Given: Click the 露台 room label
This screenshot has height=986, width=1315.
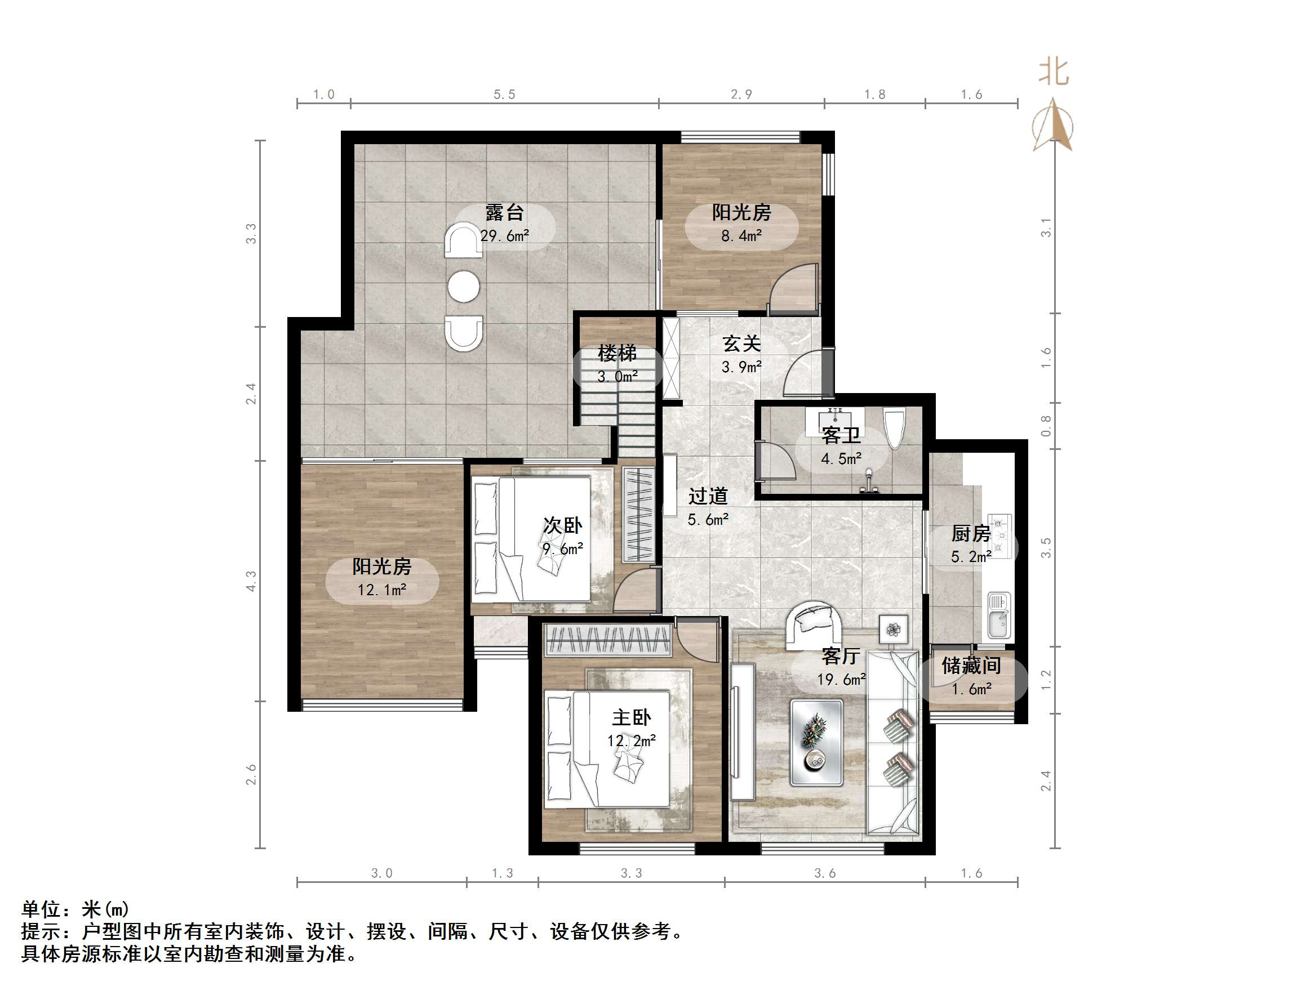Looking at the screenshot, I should (x=504, y=212).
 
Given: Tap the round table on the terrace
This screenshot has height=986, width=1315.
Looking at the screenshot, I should (x=464, y=287).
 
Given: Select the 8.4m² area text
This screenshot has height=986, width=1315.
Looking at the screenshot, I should (x=741, y=236).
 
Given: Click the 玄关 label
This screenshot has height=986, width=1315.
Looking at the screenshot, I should (x=741, y=343).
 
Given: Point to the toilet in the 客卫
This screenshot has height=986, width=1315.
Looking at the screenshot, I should (x=894, y=427).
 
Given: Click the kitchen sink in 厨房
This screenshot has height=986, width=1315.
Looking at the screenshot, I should (x=998, y=615).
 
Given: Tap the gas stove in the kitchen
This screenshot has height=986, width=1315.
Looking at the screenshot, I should (x=999, y=536).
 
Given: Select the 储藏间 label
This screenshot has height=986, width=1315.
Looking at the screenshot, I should (x=971, y=665).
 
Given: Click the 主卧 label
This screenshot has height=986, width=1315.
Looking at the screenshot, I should (x=632, y=717).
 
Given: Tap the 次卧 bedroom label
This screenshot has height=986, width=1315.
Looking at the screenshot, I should (x=562, y=525).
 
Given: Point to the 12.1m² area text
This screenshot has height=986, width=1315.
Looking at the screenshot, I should (x=381, y=590).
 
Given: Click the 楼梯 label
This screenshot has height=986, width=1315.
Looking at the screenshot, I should (x=617, y=353).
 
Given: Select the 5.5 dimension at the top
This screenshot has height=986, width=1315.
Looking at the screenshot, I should (x=504, y=95).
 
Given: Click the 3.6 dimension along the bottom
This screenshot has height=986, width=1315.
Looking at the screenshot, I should (x=824, y=873).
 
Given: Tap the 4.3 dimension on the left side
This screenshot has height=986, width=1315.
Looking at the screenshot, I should (x=251, y=581).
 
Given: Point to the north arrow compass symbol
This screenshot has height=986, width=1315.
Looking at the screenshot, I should (x=1053, y=126).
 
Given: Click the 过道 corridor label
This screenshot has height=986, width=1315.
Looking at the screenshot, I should (x=708, y=496).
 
